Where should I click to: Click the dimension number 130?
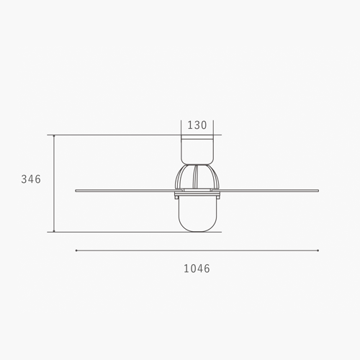(197, 125)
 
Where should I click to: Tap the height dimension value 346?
(31, 179)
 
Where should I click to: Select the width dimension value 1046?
(197, 269)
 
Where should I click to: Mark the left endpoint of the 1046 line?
(76, 251)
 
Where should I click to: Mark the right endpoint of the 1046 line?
(318, 251)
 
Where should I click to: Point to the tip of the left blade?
(76, 190)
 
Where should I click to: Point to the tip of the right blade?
(318, 190)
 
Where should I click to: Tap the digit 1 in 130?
(189, 125)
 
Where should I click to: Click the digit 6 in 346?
(37, 179)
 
